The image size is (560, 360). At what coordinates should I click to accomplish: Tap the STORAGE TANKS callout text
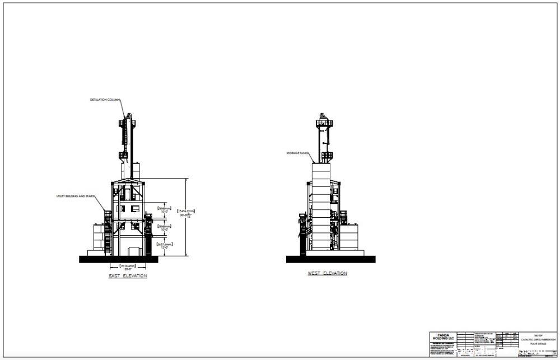click(297, 152)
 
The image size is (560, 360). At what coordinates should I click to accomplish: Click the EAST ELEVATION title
click(128, 276)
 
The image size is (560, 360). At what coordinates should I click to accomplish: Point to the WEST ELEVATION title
click(327, 273)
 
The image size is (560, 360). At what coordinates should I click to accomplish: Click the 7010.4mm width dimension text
click(128, 266)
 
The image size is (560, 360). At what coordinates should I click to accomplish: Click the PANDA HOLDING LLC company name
click(443, 337)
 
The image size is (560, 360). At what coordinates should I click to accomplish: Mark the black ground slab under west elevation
click(330, 259)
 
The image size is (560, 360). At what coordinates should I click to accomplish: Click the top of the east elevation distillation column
click(128, 116)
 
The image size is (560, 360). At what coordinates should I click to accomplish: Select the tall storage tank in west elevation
click(322, 207)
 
